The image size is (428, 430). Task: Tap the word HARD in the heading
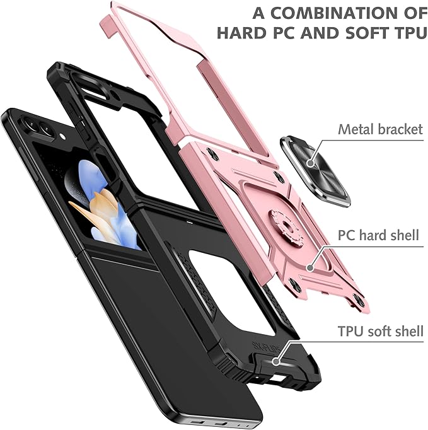(247, 33)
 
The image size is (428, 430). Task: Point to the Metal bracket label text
(380, 129)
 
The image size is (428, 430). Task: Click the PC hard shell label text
(379, 236)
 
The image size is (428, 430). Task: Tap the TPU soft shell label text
(378, 330)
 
